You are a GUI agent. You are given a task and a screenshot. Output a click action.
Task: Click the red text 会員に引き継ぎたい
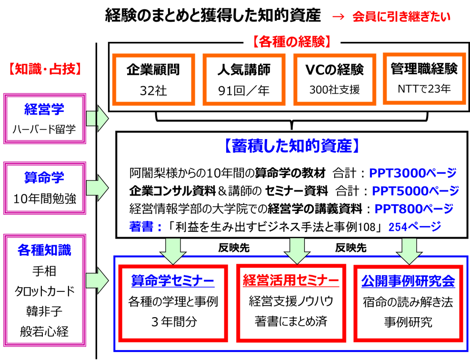(401, 17)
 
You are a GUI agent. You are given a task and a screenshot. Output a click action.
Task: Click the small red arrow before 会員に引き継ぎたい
(338, 17)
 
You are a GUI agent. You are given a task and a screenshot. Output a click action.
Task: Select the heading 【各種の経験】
(292, 41)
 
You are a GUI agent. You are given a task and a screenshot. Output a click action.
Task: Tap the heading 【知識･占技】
(46, 69)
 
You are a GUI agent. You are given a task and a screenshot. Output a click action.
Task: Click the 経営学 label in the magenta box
(44, 109)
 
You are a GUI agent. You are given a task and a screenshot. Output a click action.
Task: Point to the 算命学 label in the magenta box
(44, 178)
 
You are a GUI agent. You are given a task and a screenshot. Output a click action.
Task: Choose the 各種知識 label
(44, 250)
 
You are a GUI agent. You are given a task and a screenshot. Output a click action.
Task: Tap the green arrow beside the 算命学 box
(97, 188)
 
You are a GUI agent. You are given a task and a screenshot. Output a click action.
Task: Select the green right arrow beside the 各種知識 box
(97, 280)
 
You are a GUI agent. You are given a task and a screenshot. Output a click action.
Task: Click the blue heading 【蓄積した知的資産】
(291, 146)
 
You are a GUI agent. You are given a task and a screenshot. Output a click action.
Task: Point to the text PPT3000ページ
(412, 173)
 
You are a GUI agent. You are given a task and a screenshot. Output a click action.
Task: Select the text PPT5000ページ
(415, 191)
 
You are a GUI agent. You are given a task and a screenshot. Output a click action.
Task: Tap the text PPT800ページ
(413, 209)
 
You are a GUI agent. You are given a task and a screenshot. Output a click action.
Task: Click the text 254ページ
(414, 227)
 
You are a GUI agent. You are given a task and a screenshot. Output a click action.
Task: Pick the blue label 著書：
(146, 227)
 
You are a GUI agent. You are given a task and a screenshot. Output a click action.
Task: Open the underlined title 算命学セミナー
(173, 281)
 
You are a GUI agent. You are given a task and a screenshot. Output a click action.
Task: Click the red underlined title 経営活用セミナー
(291, 280)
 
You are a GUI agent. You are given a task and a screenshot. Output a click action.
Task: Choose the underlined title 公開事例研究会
(408, 281)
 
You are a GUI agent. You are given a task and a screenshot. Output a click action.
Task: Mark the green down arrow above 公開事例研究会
(409, 250)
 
